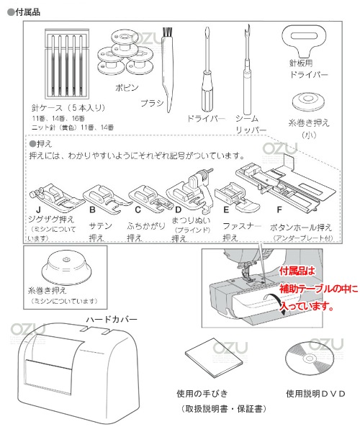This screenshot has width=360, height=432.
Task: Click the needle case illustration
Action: point(67,63)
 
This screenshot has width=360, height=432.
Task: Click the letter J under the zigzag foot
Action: point(39,211)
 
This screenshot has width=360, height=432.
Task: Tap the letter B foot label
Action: point(93,210)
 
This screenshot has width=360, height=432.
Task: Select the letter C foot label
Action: point(138,210)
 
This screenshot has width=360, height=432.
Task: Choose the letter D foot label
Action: point(179,210)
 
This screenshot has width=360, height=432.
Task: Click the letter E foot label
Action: point(226,210)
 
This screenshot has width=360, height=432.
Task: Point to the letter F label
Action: point(279,210)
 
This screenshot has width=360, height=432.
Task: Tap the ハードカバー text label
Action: point(112,320)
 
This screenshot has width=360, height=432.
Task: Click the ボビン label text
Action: point(127,88)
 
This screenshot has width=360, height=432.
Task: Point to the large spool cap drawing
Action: point(67,269)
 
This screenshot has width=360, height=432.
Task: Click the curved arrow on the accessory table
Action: point(276,301)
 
